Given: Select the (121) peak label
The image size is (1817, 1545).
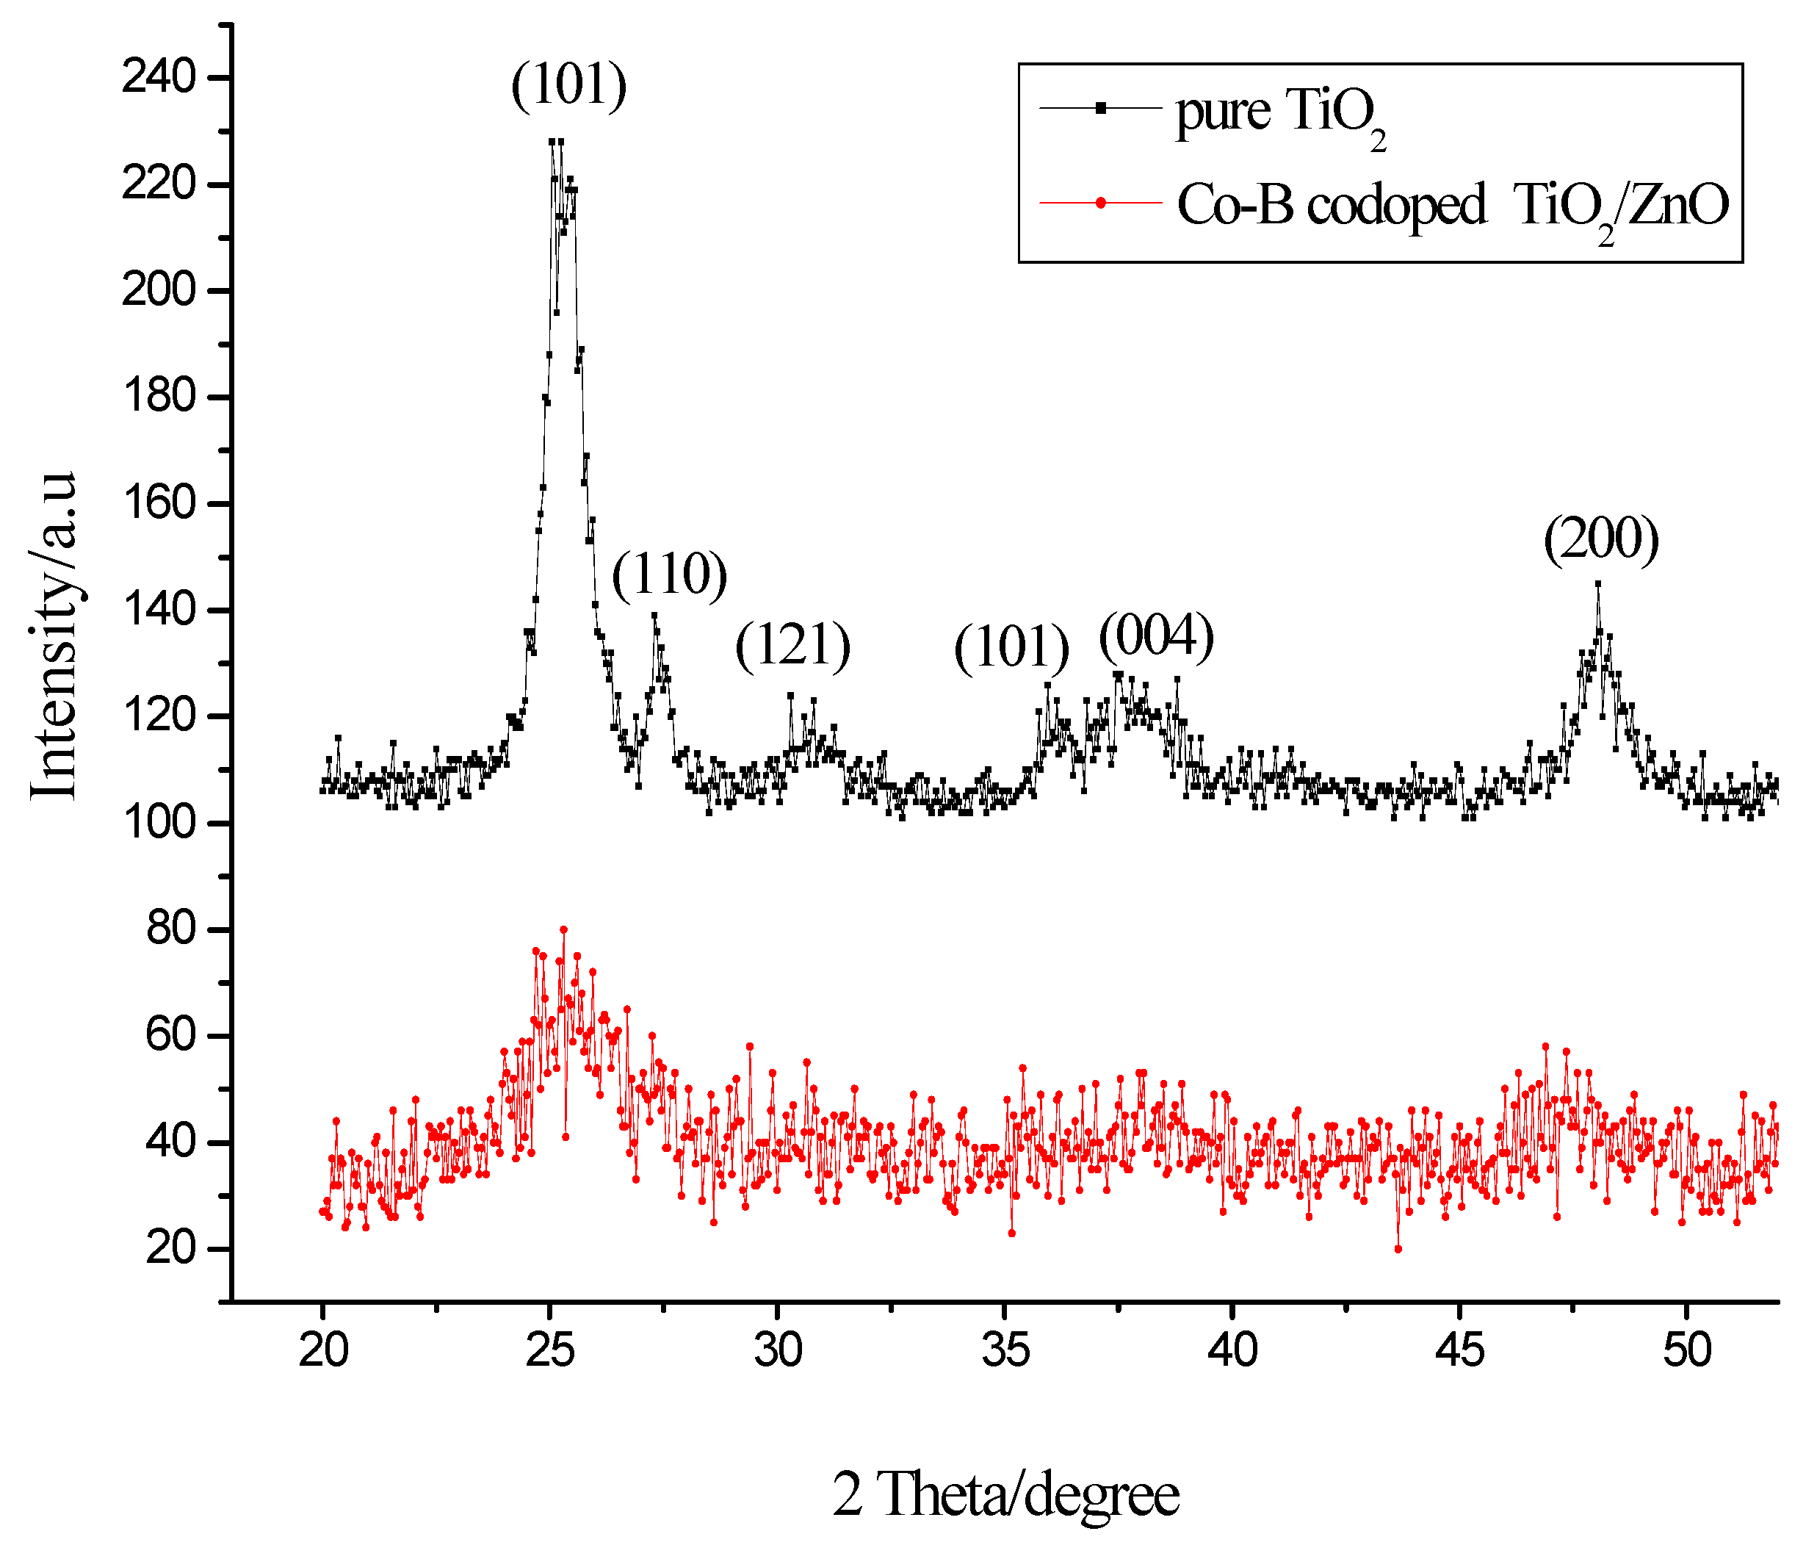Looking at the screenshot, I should (x=792, y=646).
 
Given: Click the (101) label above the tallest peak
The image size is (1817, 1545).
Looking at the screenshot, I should (x=569, y=85).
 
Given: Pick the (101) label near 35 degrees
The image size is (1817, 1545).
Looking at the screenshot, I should (x=1011, y=647).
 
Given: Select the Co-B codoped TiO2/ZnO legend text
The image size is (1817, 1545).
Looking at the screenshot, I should (x=1453, y=206).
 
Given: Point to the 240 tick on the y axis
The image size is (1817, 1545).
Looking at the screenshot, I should (x=159, y=78).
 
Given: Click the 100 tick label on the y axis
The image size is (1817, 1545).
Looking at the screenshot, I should (x=159, y=824).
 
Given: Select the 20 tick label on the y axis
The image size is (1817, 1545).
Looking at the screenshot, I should (x=170, y=1248).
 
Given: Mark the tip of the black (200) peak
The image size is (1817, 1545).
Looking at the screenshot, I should (x=1597, y=583).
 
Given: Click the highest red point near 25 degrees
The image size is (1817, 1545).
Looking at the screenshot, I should (x=564, y=929).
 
